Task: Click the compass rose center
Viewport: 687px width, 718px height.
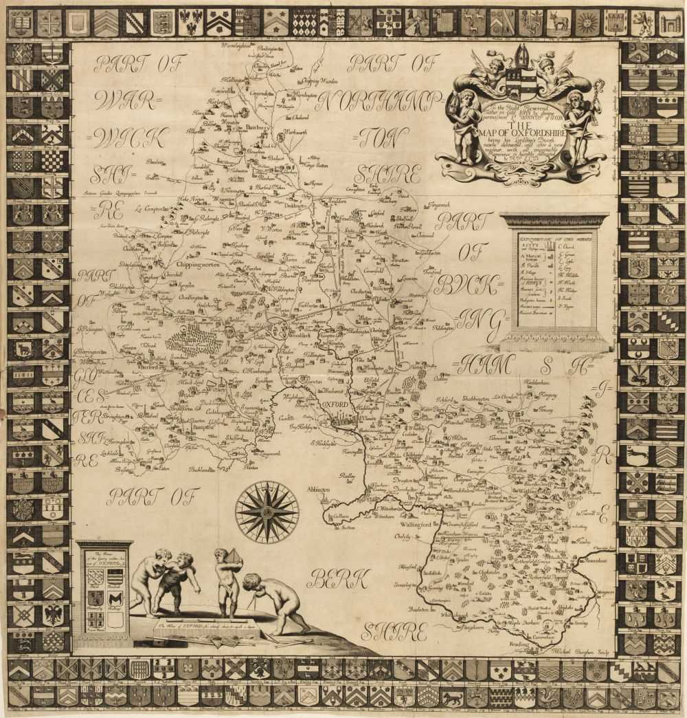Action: click(267, 512)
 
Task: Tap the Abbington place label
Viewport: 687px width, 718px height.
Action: click(318, 489)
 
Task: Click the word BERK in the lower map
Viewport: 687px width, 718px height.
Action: click(338, 581)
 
